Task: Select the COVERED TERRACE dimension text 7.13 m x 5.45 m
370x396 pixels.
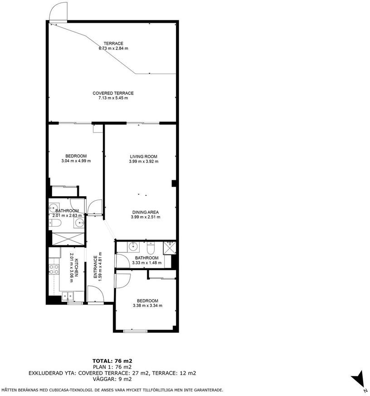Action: [x=113, y=98]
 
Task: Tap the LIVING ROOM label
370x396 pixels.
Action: [x=143, y=156]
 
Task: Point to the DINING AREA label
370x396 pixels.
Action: [x=146, y=212]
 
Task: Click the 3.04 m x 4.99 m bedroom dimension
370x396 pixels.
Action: [x=76, y=161]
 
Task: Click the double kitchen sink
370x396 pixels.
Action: [x=67, y=296]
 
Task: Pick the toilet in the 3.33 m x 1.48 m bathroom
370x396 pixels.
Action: [x=151, y=248]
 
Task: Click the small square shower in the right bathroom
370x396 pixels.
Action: [x=170, y=247]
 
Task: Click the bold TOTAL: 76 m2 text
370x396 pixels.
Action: [x=112, y=361]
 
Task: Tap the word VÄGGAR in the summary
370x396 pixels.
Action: [x=103, y=379]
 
